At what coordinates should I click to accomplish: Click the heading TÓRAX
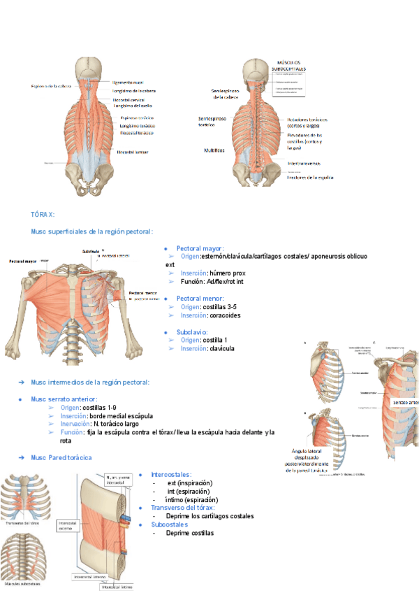point(43,214)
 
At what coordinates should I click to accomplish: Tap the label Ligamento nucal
point(129,82)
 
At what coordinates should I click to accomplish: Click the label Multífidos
point(214,150)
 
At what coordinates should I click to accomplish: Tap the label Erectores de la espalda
point(311,178)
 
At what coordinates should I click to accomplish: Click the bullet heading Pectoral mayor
point(200,248)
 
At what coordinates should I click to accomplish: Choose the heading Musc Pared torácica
point(61,457)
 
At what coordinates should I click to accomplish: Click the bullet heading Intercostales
point(170,475)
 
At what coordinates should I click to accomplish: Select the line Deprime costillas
point(190,533)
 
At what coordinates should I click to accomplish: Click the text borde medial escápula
point(121,415)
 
